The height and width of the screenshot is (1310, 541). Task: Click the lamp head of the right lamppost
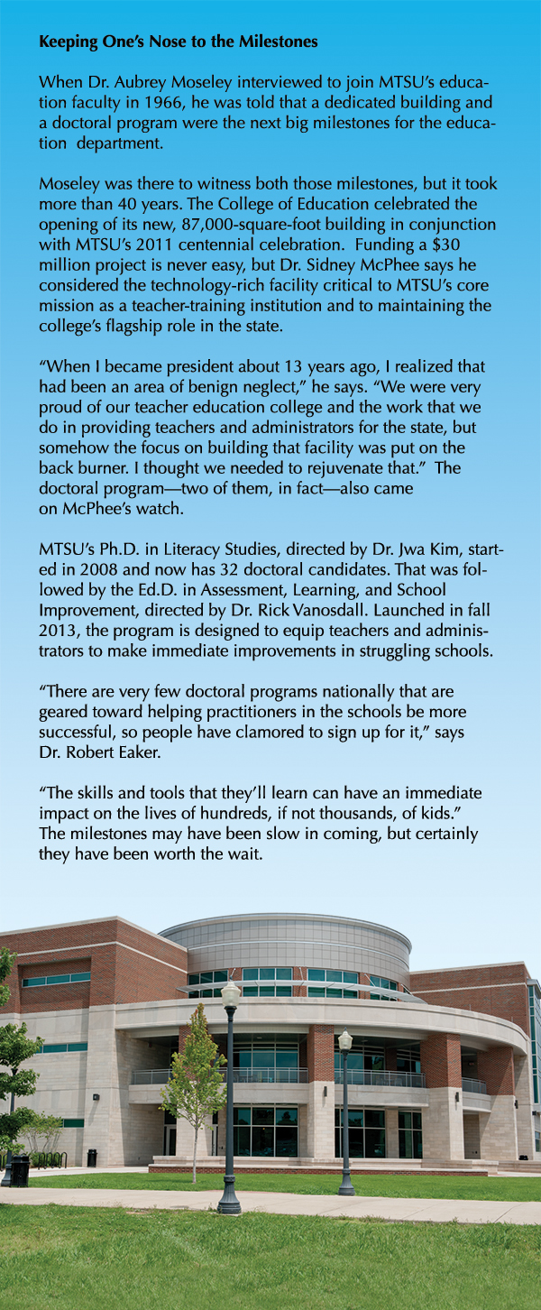[344, 1039]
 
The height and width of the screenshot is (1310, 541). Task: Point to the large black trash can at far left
[19, 1169]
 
